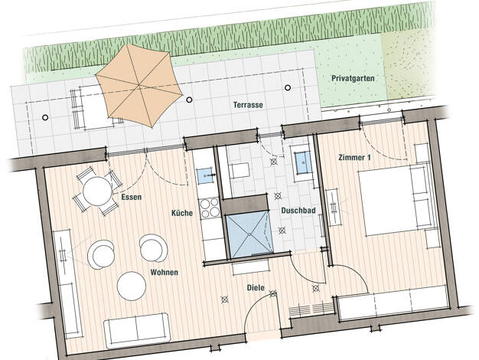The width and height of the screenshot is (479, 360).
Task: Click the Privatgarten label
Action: click(353, 79)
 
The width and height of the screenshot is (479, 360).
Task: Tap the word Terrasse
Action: click(248, 105)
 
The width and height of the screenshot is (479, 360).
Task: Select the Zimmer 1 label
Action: click(355, 158)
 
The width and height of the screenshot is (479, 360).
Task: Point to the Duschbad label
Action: click(298, 211)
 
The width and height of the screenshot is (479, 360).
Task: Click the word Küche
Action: click(182, 213)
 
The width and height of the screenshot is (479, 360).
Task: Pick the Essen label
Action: click(132, 197)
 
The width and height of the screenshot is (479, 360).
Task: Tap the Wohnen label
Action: click(164, 272)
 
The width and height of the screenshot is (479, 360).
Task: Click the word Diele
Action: click(256, 288)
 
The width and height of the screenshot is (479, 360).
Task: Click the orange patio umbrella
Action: click(139, 86)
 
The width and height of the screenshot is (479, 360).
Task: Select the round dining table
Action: click(98, 191)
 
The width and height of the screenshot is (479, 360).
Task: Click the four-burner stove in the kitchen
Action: click(210, 208)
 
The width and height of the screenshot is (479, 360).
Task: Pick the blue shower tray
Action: click(249, 234)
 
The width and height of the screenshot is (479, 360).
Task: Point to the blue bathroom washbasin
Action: click(303, 162)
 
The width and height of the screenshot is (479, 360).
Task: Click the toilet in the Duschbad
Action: click(239, 171)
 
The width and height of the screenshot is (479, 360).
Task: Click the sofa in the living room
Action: click(137, 331)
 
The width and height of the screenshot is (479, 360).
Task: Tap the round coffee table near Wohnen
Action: click(132, 286)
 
